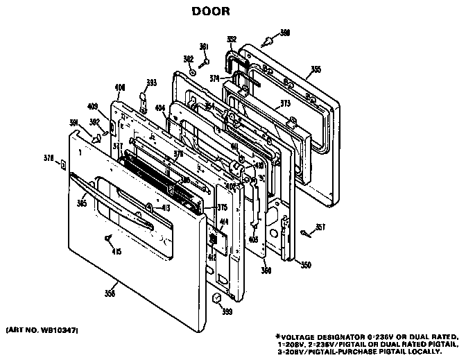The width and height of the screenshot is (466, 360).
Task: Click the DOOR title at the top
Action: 207,12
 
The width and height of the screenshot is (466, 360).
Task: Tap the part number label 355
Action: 316,69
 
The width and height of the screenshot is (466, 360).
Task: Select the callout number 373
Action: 284,103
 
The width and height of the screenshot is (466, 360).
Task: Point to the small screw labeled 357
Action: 306,231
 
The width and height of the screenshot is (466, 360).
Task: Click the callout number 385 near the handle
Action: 82,203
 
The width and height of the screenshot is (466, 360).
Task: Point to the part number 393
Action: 150,82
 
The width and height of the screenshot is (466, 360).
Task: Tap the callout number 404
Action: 159,109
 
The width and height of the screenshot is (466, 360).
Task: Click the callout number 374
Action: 216,78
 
